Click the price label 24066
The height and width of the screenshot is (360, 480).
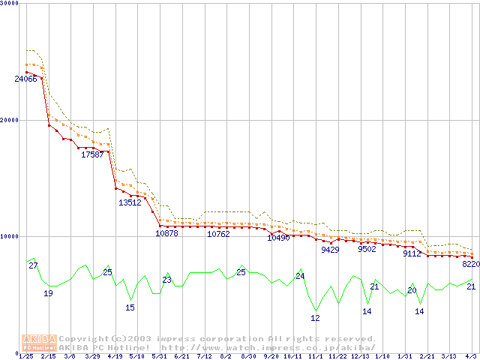point(25,79)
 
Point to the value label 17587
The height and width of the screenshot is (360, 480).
point(92,154)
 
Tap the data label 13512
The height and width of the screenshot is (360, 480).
point(130,202)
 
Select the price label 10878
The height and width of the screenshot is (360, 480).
point(166,233)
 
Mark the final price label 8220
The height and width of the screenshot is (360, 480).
point(470,264)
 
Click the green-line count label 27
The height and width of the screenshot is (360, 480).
point(33,265)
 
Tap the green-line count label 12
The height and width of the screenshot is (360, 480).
point(315,318)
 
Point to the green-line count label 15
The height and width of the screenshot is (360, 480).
point(130,307)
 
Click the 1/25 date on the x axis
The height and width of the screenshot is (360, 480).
point(25,356)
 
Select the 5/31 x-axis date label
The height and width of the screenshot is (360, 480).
point(159,356)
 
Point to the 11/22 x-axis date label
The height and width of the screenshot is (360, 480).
point(337,356)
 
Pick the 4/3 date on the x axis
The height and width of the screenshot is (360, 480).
point(469,356)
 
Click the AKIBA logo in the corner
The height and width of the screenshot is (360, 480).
point(39,343)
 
